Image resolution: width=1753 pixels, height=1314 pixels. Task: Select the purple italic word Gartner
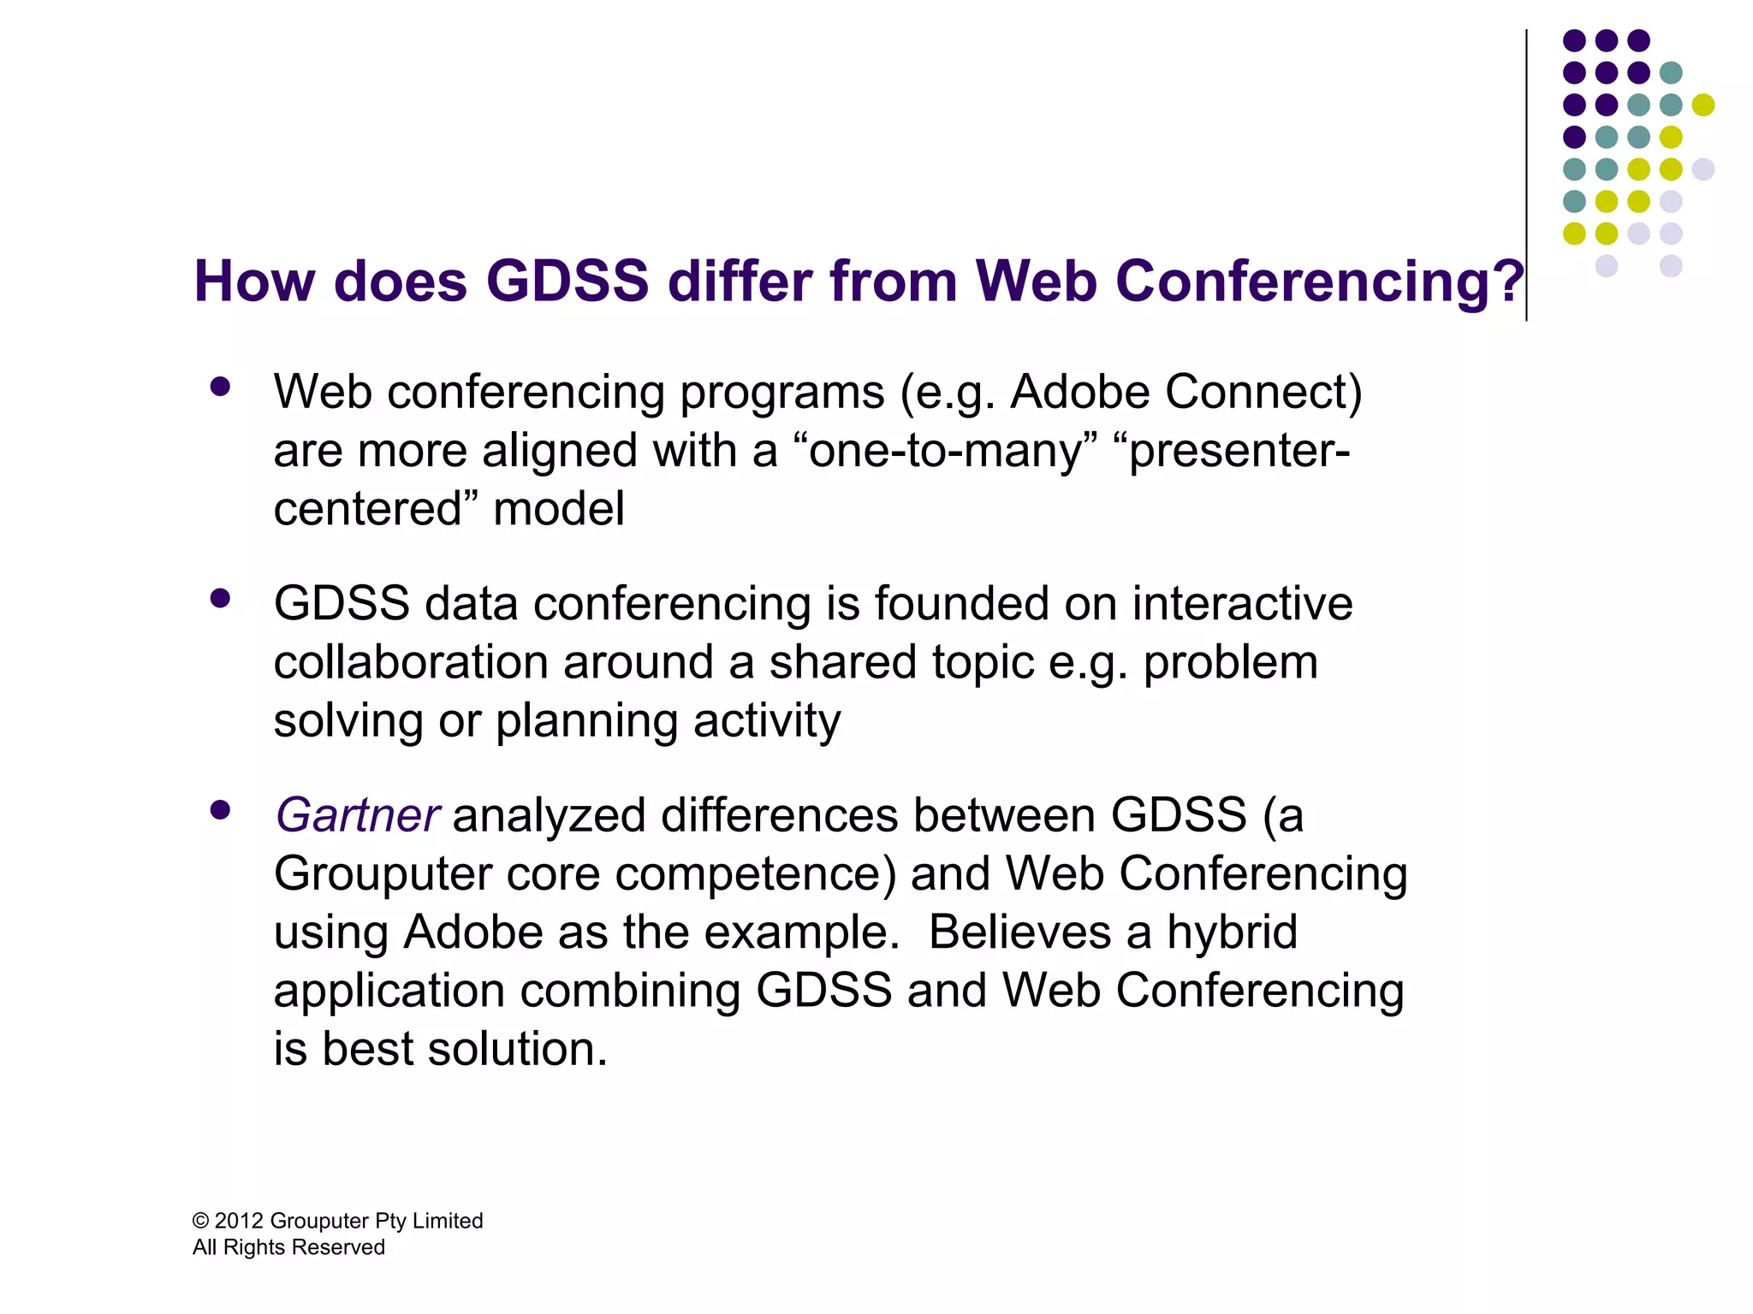click(x=357, y=815)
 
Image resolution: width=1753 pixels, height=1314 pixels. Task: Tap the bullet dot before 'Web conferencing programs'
click(x=220, y=388)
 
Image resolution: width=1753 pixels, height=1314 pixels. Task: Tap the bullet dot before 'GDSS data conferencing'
click(x=220, y=599)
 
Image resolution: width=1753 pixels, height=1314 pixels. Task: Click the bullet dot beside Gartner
click(x=220, y=810)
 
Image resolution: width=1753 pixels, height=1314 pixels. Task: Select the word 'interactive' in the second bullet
click(x=1242, y=604)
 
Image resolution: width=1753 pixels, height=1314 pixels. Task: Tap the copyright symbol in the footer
click(x=200, y=1222)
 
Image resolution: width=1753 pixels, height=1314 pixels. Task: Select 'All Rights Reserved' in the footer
click(x=288, y=1247)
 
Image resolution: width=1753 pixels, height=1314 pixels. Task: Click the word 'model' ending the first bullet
click(x=558, y=509)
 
